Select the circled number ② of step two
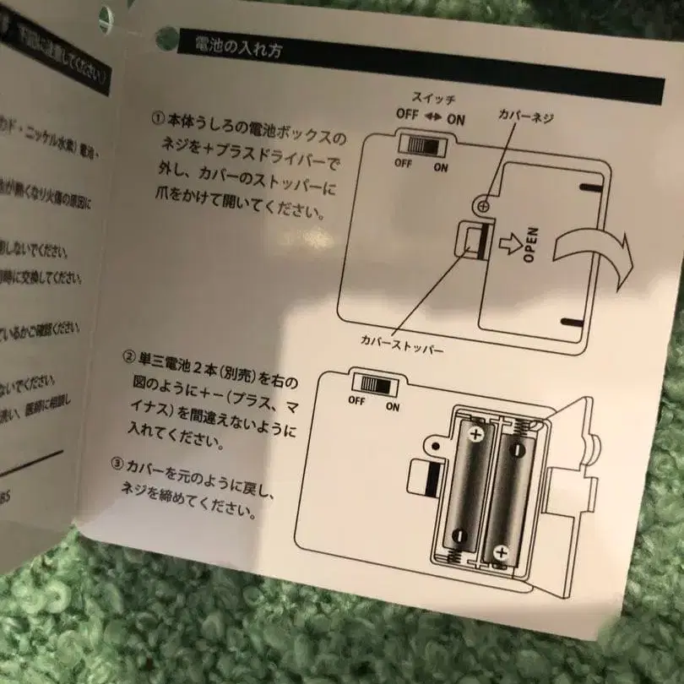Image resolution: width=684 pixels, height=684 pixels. coord(128,356)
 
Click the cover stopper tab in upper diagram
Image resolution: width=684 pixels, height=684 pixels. coord(472,242)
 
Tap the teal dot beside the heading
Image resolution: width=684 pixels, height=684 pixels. coord(165,35)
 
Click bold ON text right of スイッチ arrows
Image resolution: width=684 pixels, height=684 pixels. coord(456,120)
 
